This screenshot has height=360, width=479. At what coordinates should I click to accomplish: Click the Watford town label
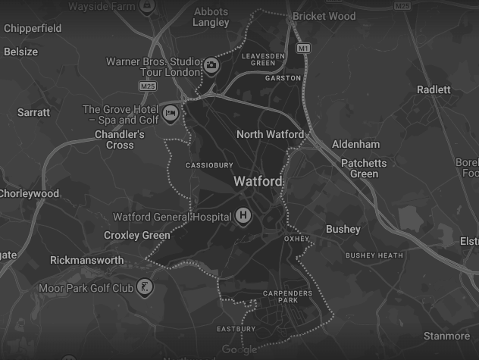click(258, 182)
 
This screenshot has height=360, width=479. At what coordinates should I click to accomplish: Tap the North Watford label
click(270, 134)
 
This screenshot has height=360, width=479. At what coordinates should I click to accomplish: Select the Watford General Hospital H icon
click(243, 216)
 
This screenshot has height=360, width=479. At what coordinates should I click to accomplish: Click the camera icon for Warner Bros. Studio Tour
click(211, 66)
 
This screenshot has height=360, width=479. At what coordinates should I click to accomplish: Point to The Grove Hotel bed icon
click(171, 114)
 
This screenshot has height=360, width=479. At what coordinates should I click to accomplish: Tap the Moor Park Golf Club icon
click(143, 287)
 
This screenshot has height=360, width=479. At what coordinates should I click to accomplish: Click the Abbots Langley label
click(211, 17)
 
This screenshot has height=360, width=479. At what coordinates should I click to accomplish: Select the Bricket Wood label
click(324, 16)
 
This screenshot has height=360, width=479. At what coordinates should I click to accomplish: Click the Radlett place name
click(434, 89)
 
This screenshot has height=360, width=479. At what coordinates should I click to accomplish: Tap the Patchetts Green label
click(364, 168)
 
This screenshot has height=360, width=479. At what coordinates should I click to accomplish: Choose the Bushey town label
click(343, 229)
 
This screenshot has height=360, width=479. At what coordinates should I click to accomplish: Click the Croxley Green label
click(137, 235)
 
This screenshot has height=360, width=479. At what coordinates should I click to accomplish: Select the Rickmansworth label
click(86, 260)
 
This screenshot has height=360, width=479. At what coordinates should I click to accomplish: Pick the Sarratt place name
click(33, 112)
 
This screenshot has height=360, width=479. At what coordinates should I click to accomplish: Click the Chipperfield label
click(32, 29)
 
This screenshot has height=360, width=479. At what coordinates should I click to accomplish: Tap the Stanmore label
click(446, 336)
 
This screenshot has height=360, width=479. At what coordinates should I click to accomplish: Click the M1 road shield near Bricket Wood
click(303, 48)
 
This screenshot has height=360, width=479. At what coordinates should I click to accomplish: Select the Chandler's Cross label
click(119, 139)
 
